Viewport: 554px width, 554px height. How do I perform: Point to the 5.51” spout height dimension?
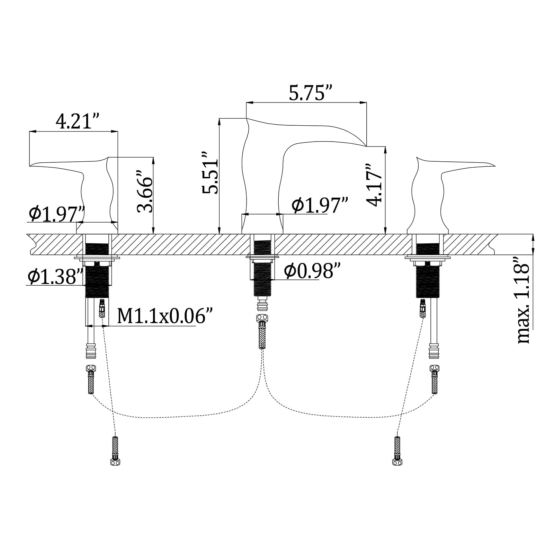[211, 172]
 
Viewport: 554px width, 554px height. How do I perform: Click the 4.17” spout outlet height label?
[375, 185]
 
